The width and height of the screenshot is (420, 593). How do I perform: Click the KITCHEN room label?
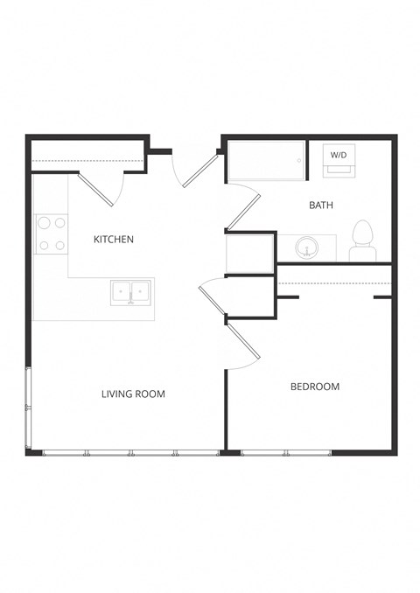[x=114, y=239]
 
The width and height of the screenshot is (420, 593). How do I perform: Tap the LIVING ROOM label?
[x=133, y=394]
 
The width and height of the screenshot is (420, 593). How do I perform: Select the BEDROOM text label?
[x=315, y=386]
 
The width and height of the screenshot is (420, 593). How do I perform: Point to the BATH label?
[x=321, y=206]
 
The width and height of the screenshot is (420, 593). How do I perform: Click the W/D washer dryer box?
[x=338, y=160]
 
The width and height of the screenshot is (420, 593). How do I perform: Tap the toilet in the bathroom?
[x=361, y=241]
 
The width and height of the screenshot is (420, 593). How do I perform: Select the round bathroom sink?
[x=306, y=248]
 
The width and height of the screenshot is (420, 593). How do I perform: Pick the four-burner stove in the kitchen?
[x=52, y=234]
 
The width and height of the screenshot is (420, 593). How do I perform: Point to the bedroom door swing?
[x=245, y=346]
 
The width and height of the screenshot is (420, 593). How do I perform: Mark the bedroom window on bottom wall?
[x=286, y=452]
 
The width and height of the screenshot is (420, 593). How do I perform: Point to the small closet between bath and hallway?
[x=250, y=254]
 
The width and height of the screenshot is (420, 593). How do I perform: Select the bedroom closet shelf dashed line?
[x=333, y=283]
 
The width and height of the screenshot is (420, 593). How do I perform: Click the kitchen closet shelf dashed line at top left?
[x=87, y=161]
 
